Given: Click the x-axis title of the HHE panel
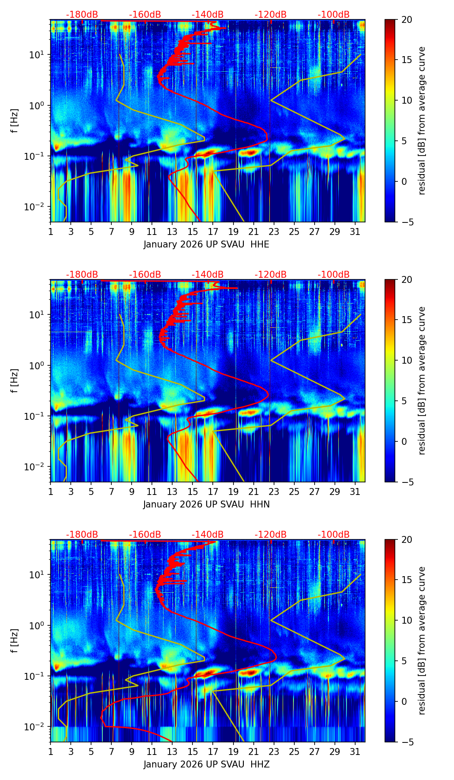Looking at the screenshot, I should click(206, 244).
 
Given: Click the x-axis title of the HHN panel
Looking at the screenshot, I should click(206, 504).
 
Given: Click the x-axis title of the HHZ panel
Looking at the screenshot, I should click(206, 764).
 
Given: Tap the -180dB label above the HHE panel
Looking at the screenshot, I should click(82, 15).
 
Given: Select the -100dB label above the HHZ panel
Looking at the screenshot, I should click(334, 535).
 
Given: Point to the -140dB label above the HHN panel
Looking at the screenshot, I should click(208, 275).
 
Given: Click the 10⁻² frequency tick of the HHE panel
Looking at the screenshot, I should click(38, 207).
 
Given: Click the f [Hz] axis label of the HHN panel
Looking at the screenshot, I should click(15, 380).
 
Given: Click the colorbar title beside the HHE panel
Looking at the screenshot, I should click(422, 120).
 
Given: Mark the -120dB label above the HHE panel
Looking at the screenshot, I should click(271, 15).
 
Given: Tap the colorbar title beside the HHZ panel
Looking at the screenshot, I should click(422, 640).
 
